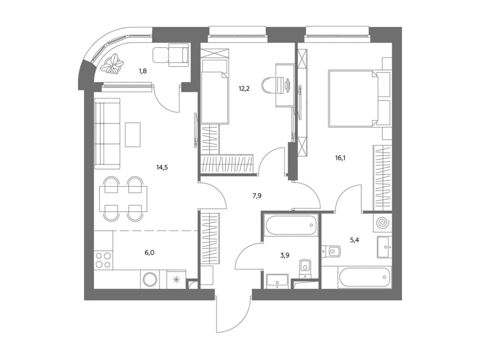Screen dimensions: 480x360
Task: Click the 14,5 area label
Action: tap(162, 167)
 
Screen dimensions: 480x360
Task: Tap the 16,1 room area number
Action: tap(340, 158)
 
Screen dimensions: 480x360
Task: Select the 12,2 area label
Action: tap(244, 89)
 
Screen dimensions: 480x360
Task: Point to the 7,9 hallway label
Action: tap(257, 196)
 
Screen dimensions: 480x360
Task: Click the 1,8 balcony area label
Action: tap(143, 71)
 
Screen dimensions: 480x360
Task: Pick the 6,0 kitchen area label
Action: tap(149, 252)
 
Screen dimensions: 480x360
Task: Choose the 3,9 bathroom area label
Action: tap(284, 255)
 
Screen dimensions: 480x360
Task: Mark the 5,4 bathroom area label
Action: tap(354, 239)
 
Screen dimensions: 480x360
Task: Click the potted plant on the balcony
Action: tap(114, 63)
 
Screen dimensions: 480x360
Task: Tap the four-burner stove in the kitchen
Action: tap(103, 260)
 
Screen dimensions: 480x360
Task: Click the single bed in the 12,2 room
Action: tap(215, 92)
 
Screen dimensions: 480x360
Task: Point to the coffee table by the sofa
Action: tap(133, 134)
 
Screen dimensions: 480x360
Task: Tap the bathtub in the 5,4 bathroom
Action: tap(365, 277)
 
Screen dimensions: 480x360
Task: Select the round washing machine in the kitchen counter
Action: tap(150, 279)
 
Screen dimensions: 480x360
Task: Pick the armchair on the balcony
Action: tap(178, 55)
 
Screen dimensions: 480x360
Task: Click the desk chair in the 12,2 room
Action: tap(269, 85)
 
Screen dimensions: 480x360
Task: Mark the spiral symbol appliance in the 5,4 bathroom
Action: tap(382, 223)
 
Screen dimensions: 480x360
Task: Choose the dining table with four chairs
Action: tap(123, 199)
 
